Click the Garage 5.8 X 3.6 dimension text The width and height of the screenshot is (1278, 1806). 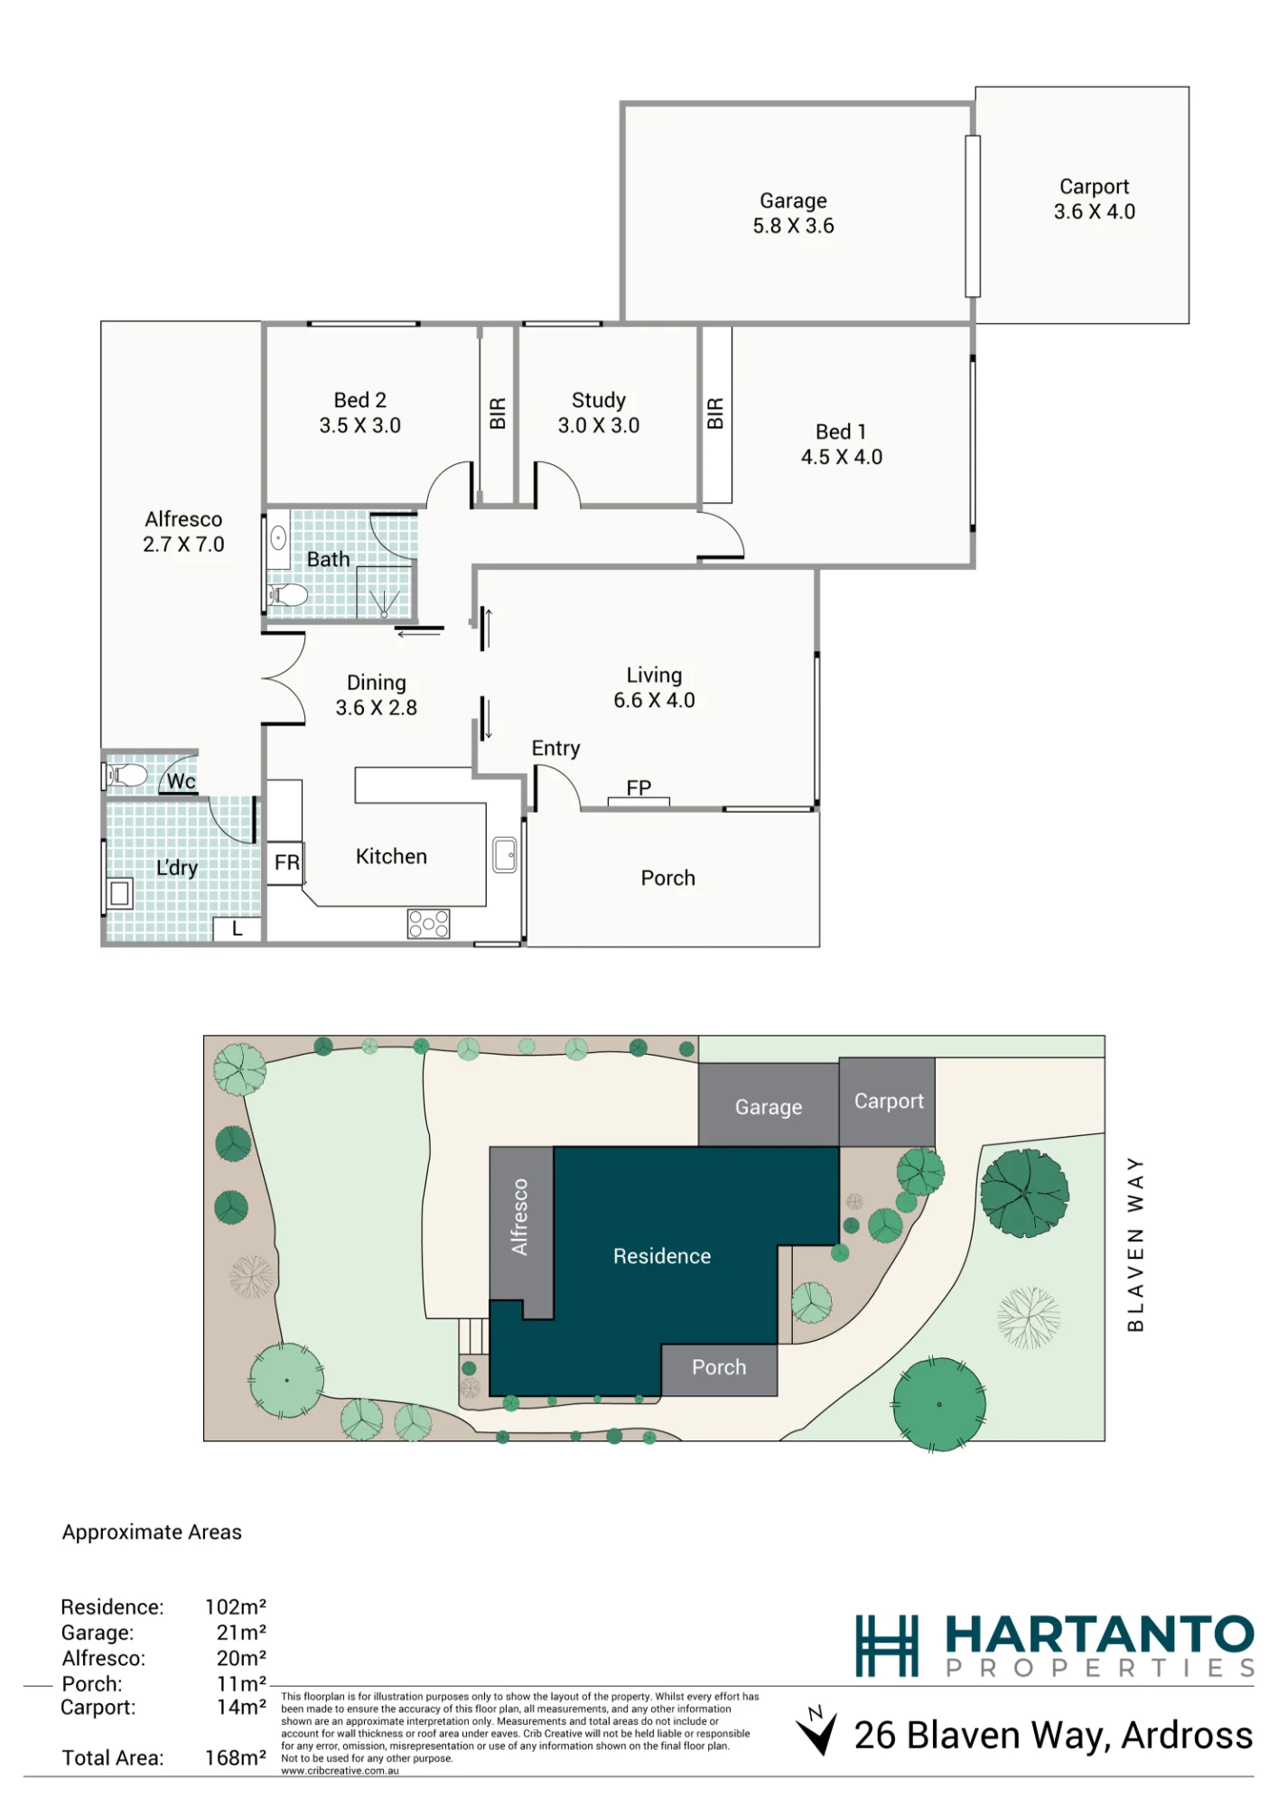tap(793, 226)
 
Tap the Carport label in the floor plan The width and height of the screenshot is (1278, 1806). tap(1094, 187)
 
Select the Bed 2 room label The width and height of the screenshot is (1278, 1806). tap(359, 400)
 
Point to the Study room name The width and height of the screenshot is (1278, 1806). tap(598, 400)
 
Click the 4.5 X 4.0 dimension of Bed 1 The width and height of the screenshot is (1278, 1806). tap(841, 457)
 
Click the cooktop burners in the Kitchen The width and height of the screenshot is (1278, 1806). tap(428, 924)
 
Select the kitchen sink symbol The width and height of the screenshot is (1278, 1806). tap(505, 854)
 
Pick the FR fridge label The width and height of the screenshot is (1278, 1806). tap(287, 862)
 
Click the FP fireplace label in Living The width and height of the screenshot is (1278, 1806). tap(639, 787)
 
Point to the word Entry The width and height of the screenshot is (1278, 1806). tap(555, 749)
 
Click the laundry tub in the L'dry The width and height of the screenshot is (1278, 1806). tap(119, 894)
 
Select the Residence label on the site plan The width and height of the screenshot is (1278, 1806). tap(662, 1256)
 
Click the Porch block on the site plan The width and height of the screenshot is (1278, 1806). tap(719, 1370)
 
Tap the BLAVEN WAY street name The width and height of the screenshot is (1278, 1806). tap(1135, 1244)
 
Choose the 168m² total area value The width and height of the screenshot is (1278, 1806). tap(236, 1758)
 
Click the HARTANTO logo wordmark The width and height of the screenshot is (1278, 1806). tap(1099, 1635)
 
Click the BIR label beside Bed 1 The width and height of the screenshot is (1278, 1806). tap(715, 413)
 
